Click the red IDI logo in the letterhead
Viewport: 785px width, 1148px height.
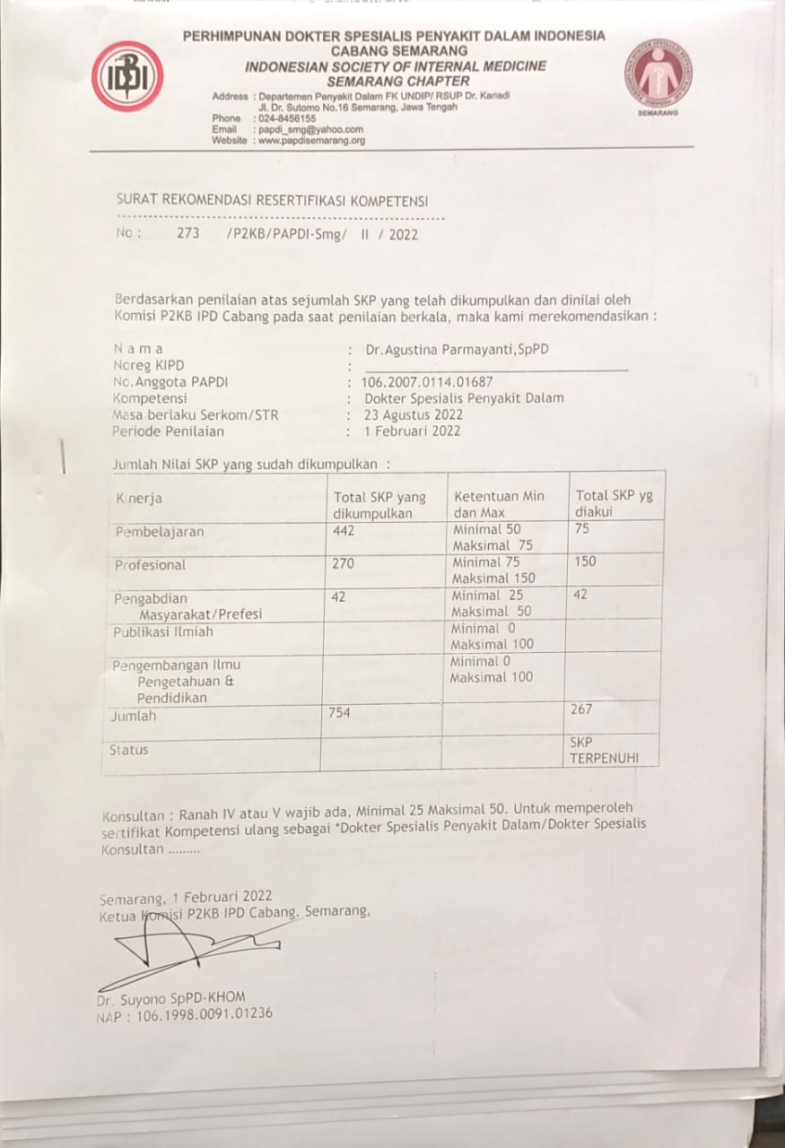tap(127, 76)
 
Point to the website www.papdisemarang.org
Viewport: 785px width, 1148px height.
tap(311, 141)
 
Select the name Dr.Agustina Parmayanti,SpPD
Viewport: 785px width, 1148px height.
tap(456, 349)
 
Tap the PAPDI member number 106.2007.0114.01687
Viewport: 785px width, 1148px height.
tap(427, 382)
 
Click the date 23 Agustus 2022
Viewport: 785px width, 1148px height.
tap(414, 414)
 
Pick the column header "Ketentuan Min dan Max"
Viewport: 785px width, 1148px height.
tap(500, 505)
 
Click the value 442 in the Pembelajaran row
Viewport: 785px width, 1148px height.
tap(344, 531)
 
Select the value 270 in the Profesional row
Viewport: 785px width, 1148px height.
tap(343, 564)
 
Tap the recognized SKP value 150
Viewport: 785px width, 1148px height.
tap(585, 561)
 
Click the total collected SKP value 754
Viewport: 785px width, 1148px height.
tap(339, 713)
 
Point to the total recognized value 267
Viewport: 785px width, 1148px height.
tap(581, 709)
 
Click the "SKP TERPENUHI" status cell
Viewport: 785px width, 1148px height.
tap(604, 751)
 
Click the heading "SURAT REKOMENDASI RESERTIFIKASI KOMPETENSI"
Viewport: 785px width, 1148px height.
tap(272, 201)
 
